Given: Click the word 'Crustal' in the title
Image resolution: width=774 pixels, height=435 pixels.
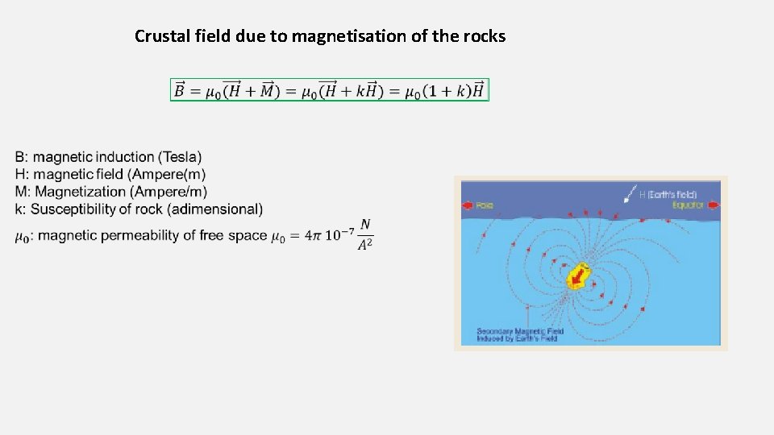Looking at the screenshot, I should [158, 36].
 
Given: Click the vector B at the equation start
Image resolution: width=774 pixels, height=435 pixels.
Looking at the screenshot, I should [180, 90].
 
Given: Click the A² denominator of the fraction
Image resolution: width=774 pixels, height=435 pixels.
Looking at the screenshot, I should [365, 245].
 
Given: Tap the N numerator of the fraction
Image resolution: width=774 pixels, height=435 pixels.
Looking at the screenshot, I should [365, 225].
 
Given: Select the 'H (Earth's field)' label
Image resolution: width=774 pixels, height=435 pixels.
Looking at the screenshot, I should [668, 194].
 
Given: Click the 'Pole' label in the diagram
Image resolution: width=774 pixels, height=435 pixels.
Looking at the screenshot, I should [485, 205].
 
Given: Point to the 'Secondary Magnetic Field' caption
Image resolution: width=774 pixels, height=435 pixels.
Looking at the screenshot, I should [520, 331].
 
